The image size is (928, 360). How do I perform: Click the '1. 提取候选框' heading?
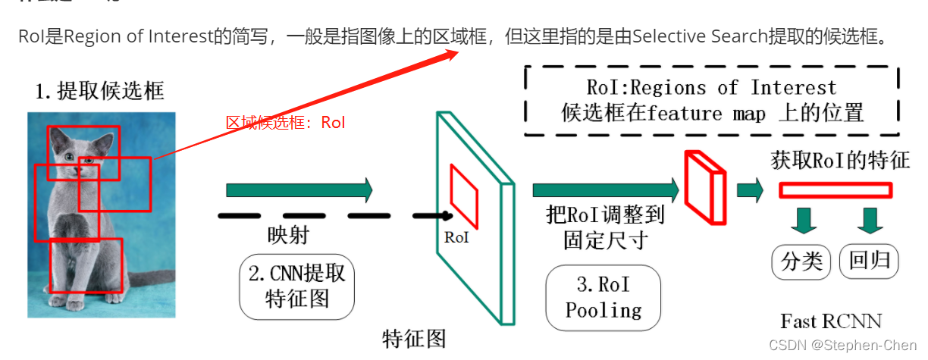tap(99, 92)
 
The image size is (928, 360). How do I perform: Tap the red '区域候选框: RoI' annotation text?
tap(285, 123)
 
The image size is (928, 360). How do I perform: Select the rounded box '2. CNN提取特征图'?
tap(297, 286)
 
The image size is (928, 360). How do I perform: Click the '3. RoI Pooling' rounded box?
tap(604, 297)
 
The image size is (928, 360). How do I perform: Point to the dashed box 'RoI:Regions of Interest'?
tap(712, 101)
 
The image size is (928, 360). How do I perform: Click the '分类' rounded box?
tap(801, 261)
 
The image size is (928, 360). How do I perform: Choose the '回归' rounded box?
tap(869, 261)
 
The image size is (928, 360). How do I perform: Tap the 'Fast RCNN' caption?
tap(832, 321)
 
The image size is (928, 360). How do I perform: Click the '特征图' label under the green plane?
tap(414, 338)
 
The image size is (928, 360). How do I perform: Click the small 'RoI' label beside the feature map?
tap(456, 237)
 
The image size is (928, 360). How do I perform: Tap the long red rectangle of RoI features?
tap(835, 190)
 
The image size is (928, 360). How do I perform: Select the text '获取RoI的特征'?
tap(840, 161)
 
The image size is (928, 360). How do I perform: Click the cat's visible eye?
tap(69, 157)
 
